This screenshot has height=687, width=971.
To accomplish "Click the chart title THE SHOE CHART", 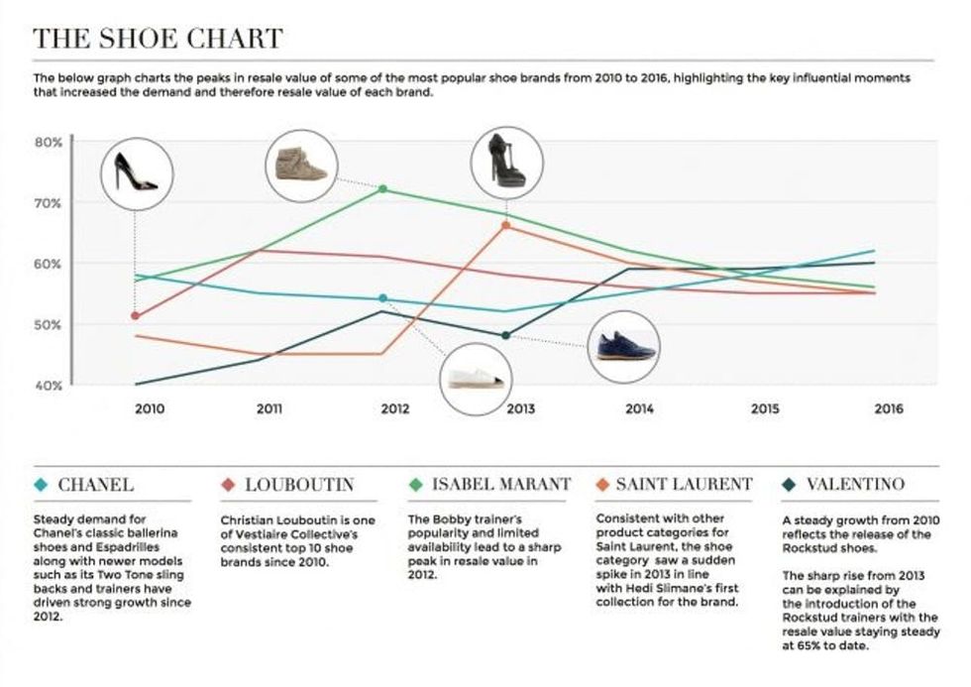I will (158, 39).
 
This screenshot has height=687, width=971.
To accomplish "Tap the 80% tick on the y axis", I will (50, 142).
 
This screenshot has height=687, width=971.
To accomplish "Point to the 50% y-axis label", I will (50, 324).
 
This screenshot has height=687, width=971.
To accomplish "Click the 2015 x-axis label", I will (765, 408).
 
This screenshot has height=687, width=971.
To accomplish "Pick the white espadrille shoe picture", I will (477, 378).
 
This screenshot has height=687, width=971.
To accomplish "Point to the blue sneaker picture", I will (623, 347).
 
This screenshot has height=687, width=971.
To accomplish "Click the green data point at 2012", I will (382, 189).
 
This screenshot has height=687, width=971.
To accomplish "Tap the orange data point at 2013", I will (505, 226).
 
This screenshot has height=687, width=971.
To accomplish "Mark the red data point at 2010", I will (135, 316).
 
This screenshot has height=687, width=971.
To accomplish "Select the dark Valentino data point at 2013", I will (505, 336).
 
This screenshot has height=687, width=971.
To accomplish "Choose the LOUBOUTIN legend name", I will (298, 484).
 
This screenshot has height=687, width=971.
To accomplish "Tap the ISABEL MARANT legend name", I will (501, 484).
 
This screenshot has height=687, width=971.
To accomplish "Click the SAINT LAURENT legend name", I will (684, 484).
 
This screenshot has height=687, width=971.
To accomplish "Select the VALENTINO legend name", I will (855, 484).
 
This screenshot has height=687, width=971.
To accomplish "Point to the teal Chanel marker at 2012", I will (382, 298).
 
